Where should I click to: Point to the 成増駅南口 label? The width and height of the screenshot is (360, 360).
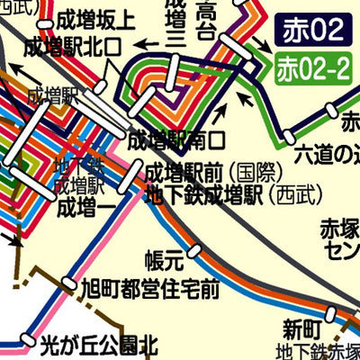point(175,140)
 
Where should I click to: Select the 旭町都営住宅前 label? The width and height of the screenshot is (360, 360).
point(149,290)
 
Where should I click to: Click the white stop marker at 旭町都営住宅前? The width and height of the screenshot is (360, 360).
point(68,287)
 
